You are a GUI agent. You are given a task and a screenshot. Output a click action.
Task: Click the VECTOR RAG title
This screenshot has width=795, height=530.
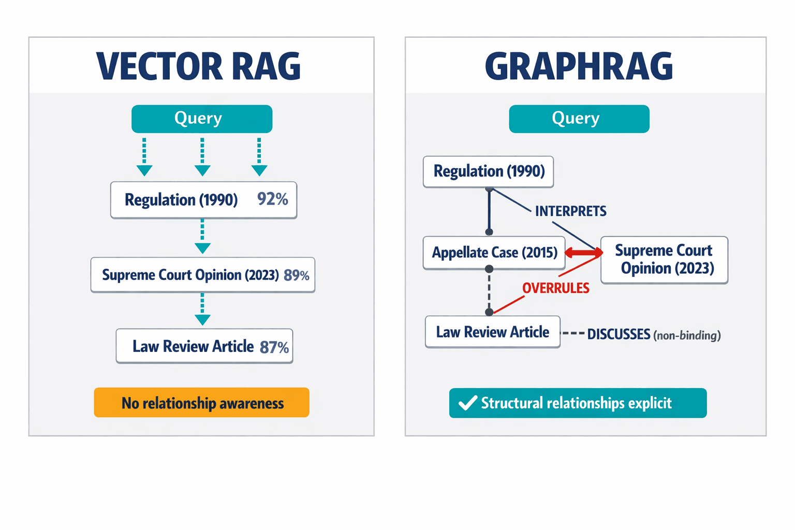pos(199,66)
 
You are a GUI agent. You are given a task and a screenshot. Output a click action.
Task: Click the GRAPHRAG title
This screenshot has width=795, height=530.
pos(579,66)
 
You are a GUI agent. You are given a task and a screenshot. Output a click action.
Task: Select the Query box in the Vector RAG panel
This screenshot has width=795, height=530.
pos(202,119)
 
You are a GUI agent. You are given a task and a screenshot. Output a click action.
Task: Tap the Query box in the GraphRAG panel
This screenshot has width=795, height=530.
pos(579,119)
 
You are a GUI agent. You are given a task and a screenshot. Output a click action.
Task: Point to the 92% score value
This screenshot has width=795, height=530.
pos(273,199)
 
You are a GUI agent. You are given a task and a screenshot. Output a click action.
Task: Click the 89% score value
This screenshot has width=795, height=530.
pos(297,275)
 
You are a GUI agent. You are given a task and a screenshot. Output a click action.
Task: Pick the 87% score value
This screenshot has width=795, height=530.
pos(274,347)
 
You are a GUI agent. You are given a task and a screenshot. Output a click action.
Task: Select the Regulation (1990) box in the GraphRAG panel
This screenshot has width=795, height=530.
pos(488,171)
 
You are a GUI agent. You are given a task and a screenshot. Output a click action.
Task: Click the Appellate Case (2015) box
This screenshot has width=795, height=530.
pos(494,253)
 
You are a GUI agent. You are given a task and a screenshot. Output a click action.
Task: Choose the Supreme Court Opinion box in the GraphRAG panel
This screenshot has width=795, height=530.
pos(664,260)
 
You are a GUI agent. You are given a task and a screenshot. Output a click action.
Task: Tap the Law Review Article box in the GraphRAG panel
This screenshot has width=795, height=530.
pos(492,332)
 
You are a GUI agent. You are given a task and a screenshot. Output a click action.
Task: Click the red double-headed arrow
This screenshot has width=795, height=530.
pos(583,253)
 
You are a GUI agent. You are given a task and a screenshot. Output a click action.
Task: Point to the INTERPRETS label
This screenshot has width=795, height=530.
pos(570,211)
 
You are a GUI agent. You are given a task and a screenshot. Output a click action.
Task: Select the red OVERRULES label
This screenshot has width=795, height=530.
pos(555,288)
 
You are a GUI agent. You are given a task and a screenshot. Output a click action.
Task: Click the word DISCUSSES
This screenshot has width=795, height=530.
pos(619,334)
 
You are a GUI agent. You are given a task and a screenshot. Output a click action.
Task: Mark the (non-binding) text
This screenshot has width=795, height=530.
pos(687,335)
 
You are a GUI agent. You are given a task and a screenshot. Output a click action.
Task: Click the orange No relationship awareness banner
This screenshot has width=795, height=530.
pos(202,403)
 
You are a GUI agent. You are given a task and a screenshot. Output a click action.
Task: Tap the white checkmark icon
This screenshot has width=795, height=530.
pos(468,403)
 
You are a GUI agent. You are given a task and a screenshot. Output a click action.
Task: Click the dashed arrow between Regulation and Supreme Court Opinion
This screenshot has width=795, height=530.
pos(202,237)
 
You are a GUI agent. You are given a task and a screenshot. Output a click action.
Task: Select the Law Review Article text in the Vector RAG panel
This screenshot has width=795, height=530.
pos(193,346)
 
